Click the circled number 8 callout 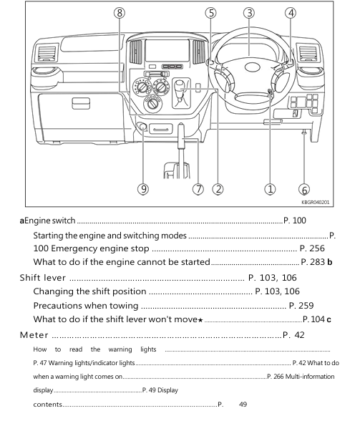(120, 13)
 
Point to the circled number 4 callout (290, 13)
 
